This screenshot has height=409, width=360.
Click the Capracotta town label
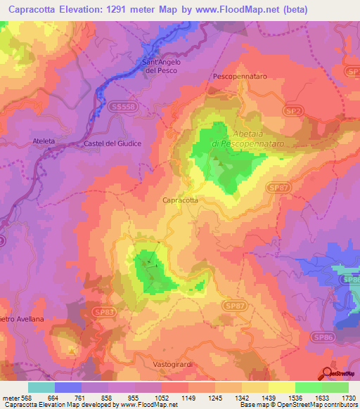click(180, 200)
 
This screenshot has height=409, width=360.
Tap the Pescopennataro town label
click(238, 74)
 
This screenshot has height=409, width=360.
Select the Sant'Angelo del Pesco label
click(162, 67)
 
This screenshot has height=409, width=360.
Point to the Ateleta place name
click(43, 141)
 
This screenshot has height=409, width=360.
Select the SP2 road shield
click(275, 111)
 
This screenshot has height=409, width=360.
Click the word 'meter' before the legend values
click(11, 398)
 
